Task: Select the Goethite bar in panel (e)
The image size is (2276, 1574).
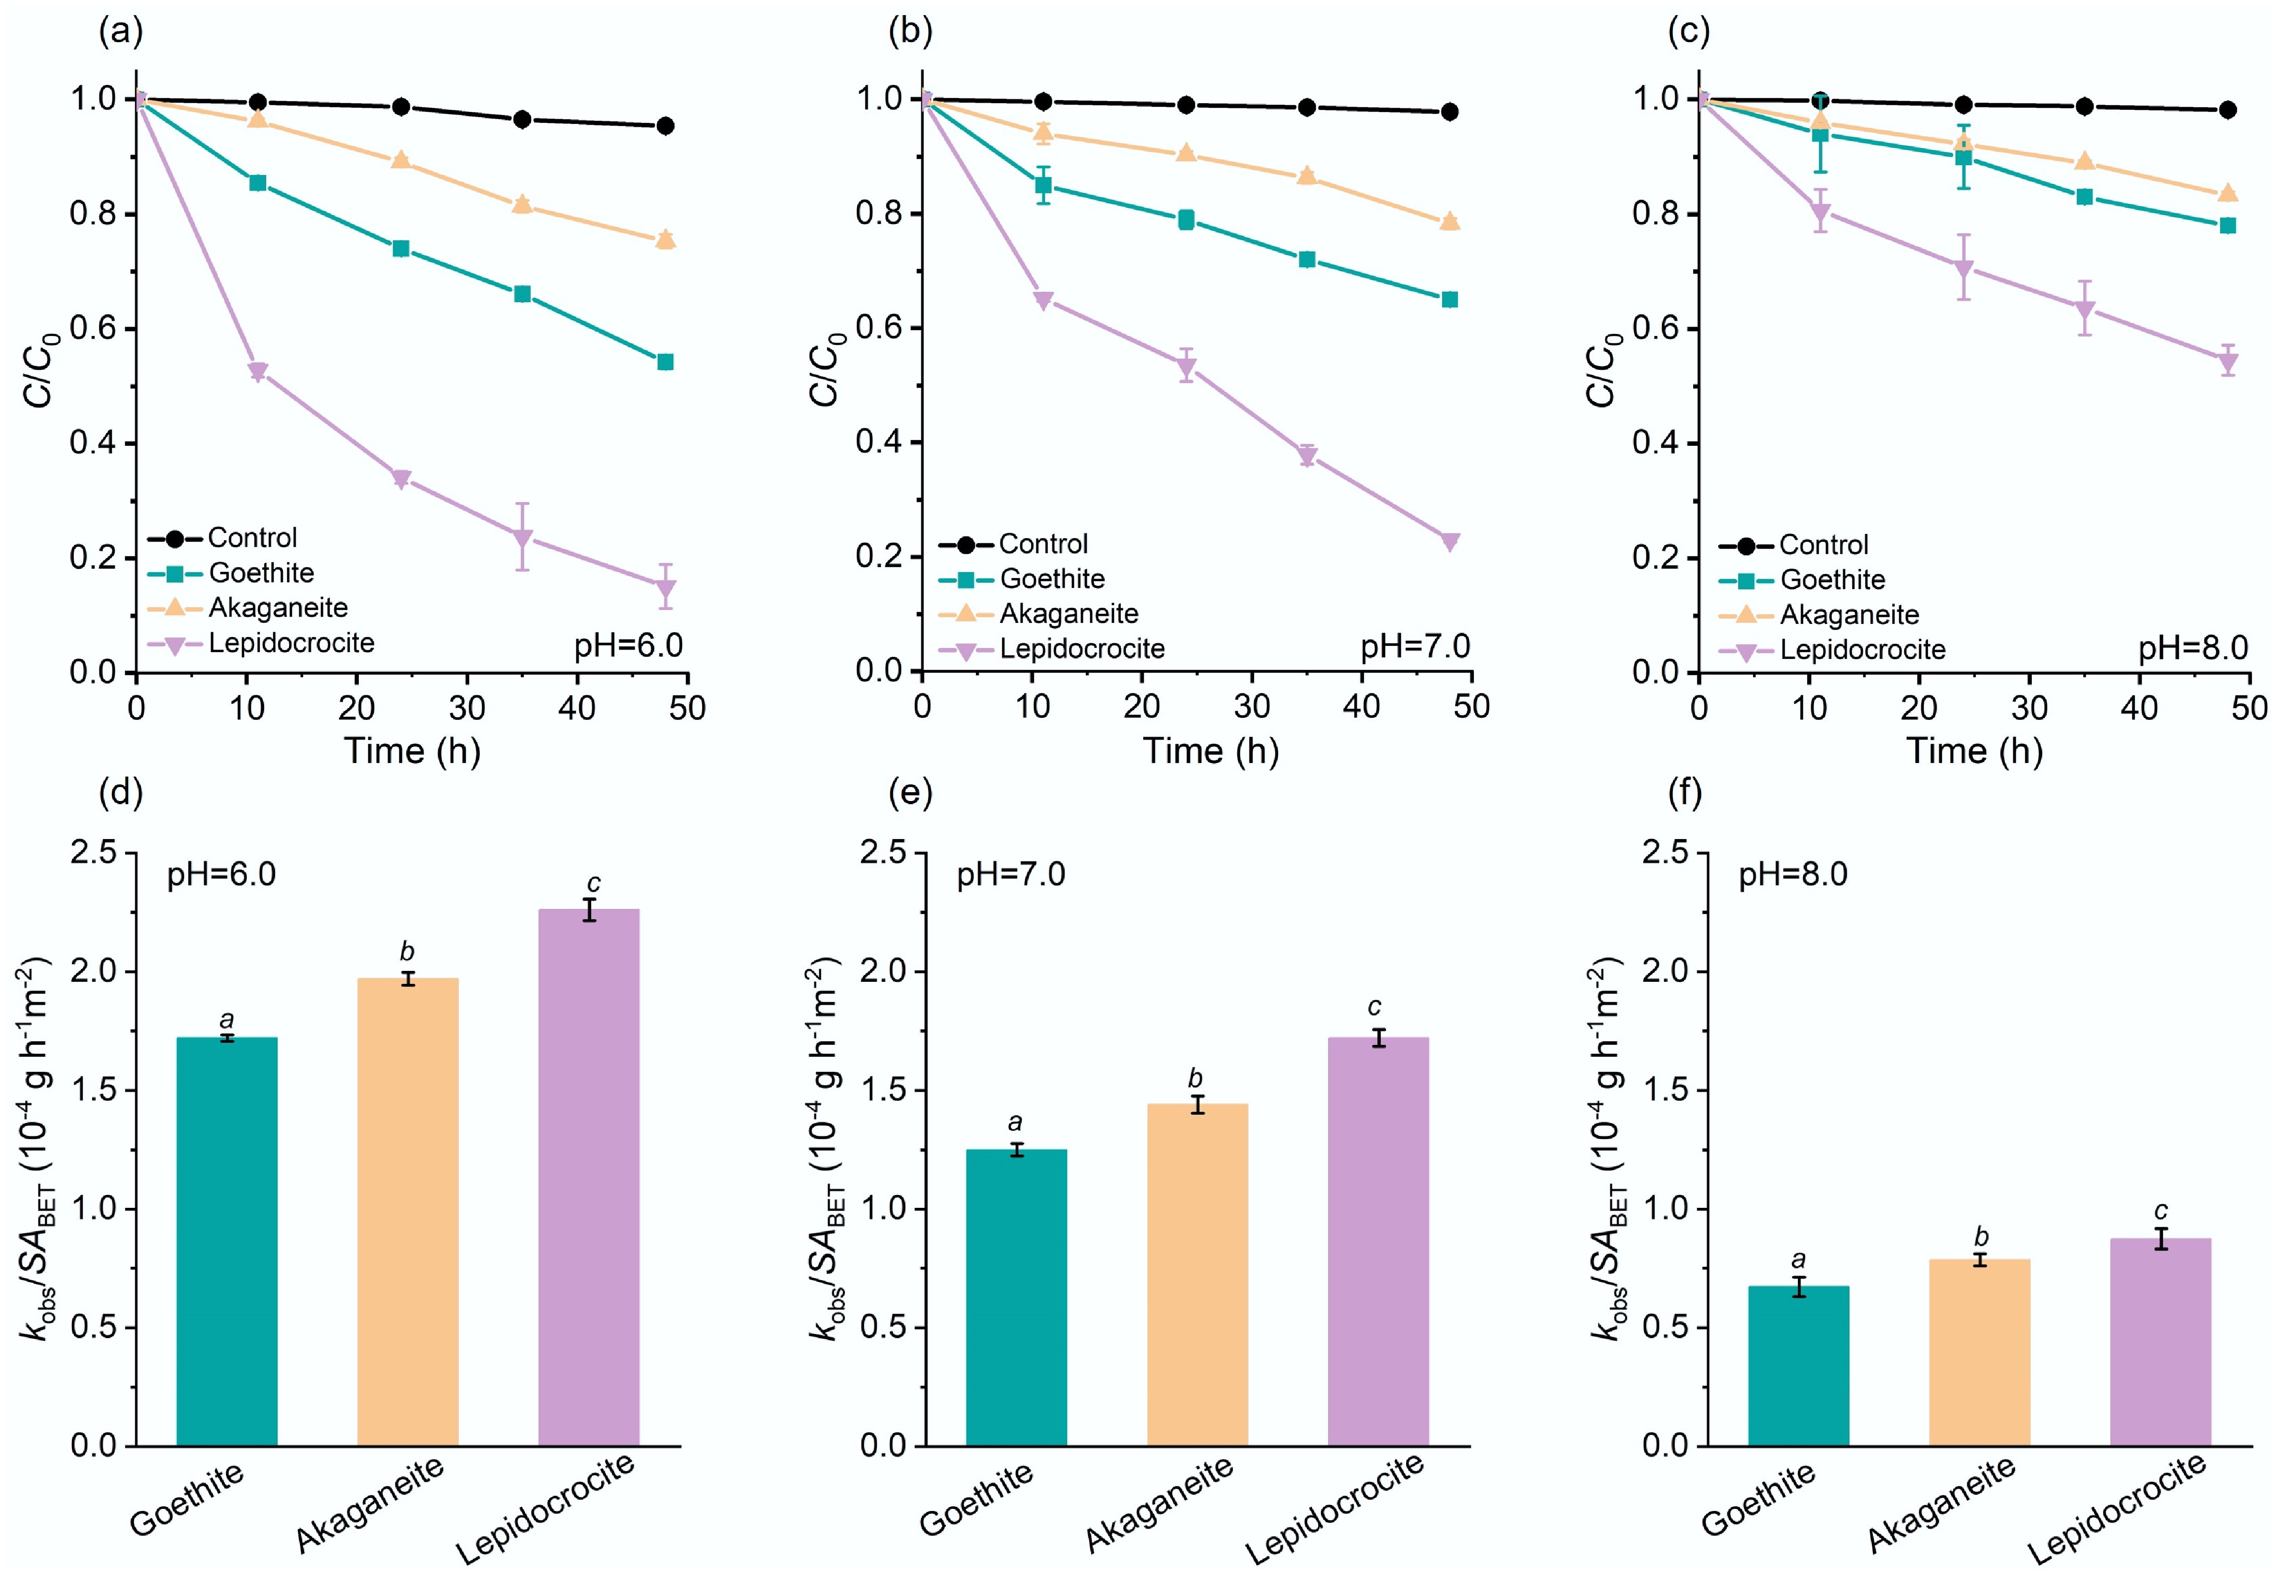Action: (1016, 1297)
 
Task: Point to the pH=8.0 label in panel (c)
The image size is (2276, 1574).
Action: (2193, 648)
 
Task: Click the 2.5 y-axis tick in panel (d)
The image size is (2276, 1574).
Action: (94, 852)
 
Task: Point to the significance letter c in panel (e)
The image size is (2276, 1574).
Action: (1374, 1007)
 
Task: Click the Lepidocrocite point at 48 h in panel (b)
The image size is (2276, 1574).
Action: (1448, 542)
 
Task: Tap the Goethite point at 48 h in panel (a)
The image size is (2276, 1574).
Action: (665, 362)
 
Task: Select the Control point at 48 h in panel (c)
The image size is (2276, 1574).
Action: (2227, 109)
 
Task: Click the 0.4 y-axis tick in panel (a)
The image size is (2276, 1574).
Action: (94, 443)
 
